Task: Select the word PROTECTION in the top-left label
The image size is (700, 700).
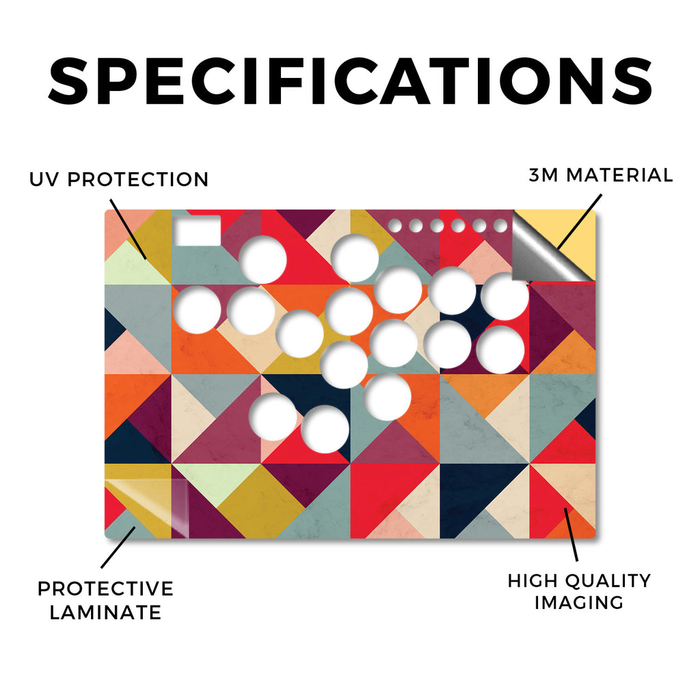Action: click(x=138, y=180)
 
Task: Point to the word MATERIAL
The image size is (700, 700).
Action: click(x=619, y=175)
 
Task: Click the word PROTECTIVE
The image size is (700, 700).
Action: click(x=105, y=589)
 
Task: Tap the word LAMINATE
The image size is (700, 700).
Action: click(x=105, y=612)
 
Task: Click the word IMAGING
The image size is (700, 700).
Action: click(x=579, y=603)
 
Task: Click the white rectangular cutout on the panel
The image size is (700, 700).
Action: click(x=198, y=230)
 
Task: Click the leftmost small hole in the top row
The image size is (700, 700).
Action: click(x=394, y=226)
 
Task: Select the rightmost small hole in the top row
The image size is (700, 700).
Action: click(x=500, y=226)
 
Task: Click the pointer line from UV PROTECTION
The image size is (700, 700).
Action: click(x=128, y=229)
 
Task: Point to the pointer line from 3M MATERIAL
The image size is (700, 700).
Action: click(x=579, y=222)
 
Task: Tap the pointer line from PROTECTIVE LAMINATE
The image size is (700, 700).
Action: click(x=118, y=548)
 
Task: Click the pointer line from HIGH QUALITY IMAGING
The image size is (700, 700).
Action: click(x=571, y=535)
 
